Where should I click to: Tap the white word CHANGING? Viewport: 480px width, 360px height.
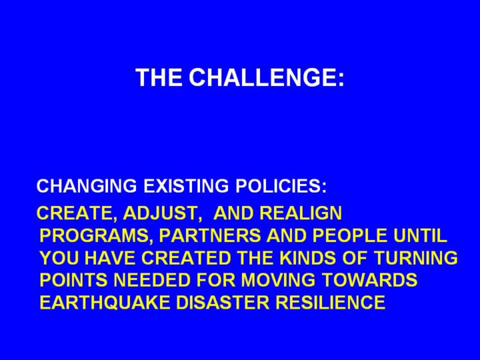87,186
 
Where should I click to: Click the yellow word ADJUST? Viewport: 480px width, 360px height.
160,213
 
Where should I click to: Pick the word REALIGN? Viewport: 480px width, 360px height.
300,213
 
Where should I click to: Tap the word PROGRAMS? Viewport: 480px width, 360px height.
94,236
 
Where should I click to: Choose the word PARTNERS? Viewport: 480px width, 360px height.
210,236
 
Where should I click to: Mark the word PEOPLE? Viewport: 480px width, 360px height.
349,236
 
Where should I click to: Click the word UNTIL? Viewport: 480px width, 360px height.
420,236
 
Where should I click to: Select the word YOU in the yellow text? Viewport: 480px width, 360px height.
60,258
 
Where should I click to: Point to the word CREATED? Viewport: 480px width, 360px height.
187,258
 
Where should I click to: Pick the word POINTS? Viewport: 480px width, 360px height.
74,280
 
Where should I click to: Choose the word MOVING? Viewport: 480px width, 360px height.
278,280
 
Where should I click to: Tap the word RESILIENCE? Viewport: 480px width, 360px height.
331,303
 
